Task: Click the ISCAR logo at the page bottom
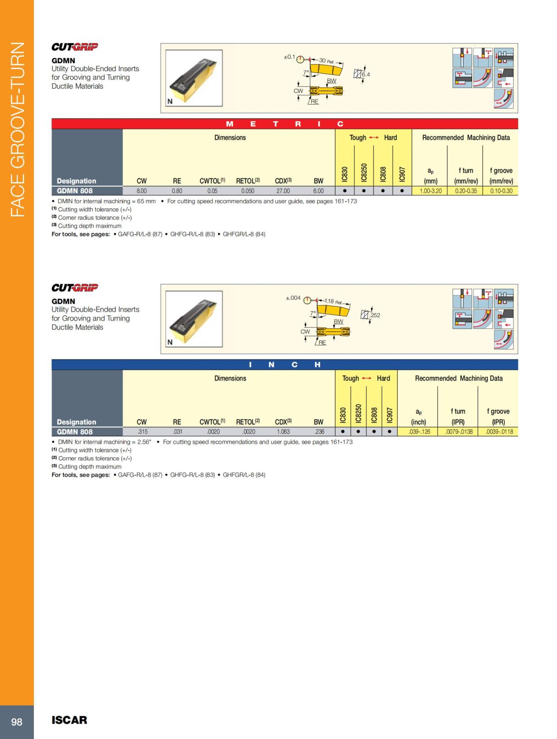click(69, 720)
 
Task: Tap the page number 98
click(17, 722)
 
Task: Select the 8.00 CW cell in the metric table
click(142, 191)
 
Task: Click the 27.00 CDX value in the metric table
click(283, 191)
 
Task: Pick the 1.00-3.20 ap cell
click(430, 191)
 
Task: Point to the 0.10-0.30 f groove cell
click(501, 191)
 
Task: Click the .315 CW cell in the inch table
click(142, 432)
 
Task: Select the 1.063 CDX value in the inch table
click(283, 432)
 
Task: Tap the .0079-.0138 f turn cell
click(459, 432)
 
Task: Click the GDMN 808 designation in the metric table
click(75, 190)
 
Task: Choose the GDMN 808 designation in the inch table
click(75, 432)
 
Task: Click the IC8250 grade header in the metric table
click(364, 172)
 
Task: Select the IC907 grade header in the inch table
click(389, 415)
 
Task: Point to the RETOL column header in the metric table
click(247, 181)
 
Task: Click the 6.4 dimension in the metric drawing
click(366, 74)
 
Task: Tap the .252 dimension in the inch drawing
click(375, 315)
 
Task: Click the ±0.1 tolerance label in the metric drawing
click(289, 57)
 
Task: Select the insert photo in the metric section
click(194, 78)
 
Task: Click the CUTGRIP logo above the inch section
click(75, 288)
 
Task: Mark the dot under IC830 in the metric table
click(344, 191)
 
